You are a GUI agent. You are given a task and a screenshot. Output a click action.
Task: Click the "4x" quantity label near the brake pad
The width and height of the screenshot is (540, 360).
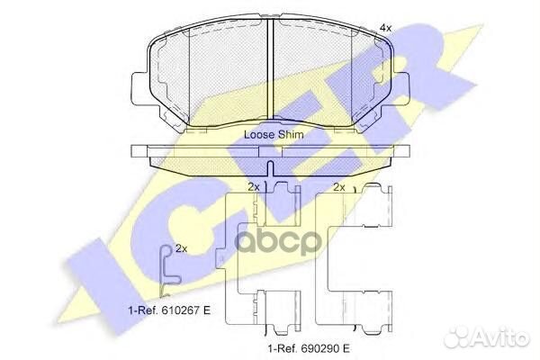point(385,29)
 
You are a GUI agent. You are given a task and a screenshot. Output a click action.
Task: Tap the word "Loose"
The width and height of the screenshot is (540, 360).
point(261,134)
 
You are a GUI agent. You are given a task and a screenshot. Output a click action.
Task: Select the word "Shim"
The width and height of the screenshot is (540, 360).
point(291,134)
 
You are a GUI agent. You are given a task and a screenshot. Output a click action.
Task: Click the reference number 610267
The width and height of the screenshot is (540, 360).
point(176,310)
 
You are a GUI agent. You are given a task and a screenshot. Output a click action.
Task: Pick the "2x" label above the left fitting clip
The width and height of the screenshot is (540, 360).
point(253,187)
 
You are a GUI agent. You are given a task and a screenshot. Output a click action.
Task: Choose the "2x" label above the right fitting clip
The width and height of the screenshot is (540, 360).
point(339,187)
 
